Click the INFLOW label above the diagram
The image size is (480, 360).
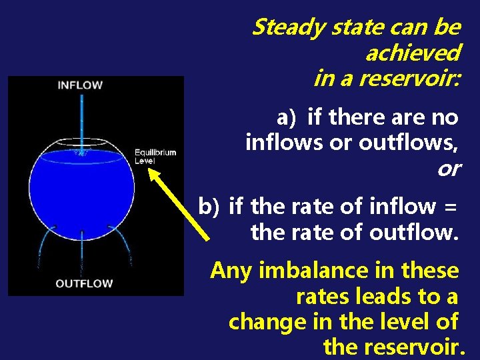[x=79, y=85]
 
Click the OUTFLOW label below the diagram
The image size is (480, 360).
[x=84, y=283]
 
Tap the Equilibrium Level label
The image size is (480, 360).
[x=155, y=156]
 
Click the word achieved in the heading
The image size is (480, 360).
[x=412, y=53]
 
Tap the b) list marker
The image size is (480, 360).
[x=209, y=207]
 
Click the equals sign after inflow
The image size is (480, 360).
[x=450, y=207]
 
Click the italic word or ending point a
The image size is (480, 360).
[x=449, y=168]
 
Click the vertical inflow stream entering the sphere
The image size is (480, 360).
[x=81, y=120]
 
